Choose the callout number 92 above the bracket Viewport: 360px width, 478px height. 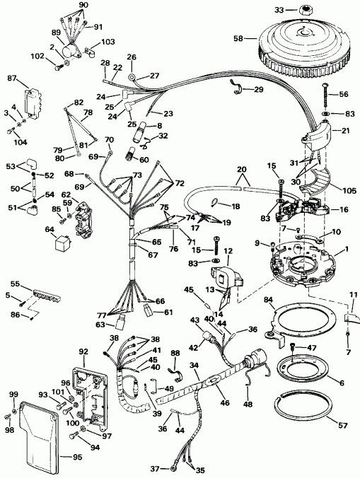[83, 351]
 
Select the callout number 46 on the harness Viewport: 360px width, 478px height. [225, 402]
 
